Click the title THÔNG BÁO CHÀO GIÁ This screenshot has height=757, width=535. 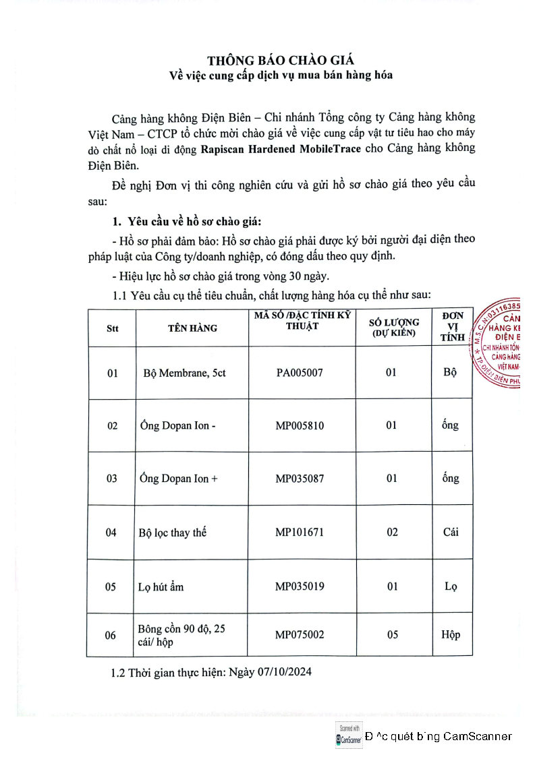tap(280, 59)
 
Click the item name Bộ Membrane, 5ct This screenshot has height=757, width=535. tap(184, 372)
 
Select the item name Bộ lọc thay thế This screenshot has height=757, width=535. tap(172, 533)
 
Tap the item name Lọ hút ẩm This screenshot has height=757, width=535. tap(161, 586)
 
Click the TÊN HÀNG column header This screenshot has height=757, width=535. tap(192, 328)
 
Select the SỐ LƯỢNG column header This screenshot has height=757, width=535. tap(395, 327)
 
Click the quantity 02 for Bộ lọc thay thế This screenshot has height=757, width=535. tap(392, 532)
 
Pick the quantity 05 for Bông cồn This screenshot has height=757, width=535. tap(392, 634)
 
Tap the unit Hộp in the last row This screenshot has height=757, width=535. tap(451, 634)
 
